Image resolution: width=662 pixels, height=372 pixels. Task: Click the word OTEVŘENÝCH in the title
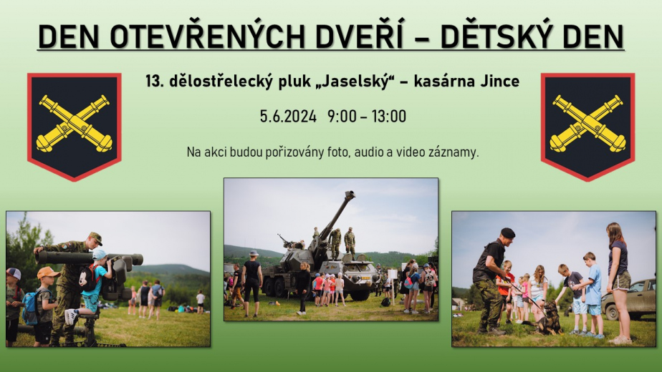207,36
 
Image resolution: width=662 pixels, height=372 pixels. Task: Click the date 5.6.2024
288,116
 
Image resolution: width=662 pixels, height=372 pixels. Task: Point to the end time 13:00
389,116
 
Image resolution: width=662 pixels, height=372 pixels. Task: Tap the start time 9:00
342,116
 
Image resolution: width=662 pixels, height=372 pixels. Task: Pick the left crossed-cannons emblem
75,127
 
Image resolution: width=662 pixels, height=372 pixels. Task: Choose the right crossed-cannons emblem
587,127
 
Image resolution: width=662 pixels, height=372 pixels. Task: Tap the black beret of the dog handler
507,232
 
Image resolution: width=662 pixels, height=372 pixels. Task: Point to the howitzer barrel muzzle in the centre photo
350,195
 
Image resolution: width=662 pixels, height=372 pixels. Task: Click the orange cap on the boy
47,273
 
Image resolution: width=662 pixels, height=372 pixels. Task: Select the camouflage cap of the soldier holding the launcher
95,238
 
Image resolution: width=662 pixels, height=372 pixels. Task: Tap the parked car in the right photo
628,298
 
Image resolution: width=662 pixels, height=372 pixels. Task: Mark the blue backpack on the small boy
31,307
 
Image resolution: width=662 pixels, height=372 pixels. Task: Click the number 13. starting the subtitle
154,81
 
